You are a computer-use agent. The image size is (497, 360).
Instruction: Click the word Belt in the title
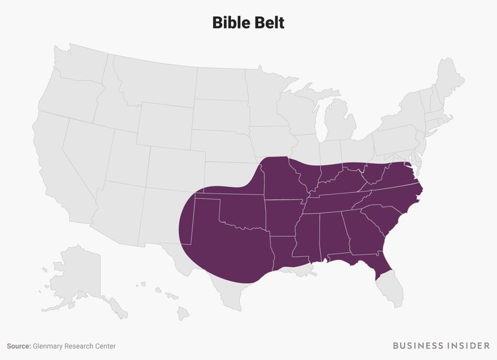[269, 23]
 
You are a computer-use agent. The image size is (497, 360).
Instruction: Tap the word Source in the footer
[19, 346]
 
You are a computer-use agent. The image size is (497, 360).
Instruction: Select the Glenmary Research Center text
[75, 346]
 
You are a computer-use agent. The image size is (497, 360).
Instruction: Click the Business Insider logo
[441, 346]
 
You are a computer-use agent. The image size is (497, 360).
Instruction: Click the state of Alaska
[75, 277]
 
